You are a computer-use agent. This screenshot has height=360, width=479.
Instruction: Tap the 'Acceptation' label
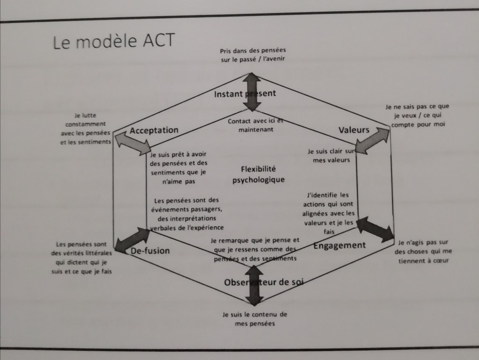[154, 130]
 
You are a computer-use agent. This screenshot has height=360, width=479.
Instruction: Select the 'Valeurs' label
[354, 130]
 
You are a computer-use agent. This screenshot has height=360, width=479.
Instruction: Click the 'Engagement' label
[339, 245]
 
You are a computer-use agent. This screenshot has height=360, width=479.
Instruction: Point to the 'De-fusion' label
[150, 251]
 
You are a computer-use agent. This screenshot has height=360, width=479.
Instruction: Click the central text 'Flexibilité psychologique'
[258, 174]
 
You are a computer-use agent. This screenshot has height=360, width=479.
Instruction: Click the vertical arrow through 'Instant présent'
[252, 92]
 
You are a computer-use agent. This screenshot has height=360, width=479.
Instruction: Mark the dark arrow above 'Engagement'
[375, 229]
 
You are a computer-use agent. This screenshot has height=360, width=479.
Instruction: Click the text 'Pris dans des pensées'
[253, 50]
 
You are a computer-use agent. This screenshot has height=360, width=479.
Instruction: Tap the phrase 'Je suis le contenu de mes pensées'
[254, 318]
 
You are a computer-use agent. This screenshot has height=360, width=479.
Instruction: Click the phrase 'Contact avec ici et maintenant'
[255, 125]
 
